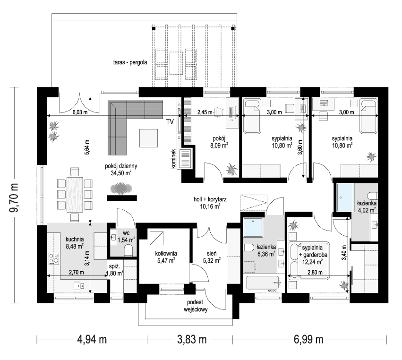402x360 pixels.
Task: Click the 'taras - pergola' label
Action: pyautogui.click(x=131, y=62)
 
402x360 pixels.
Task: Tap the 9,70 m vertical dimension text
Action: pyautogui.click(x=15, y=195)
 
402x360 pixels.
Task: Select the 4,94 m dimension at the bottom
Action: pyautogui.click(x=93, y=339)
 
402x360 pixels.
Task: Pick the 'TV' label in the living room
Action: pyautogui.click(x=170, y=122)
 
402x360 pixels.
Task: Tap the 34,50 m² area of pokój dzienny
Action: pyautogui.click(x=120, y=173)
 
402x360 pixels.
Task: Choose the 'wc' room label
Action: pyautogui.click(x=125, y=233)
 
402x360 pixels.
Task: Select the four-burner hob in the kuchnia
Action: pyautogui.click(x=54, y=259)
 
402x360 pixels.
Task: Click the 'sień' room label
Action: pyautogui.click(x=211, y=253)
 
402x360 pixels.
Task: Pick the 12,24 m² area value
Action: pyautogui.click(x=312, y=260)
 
